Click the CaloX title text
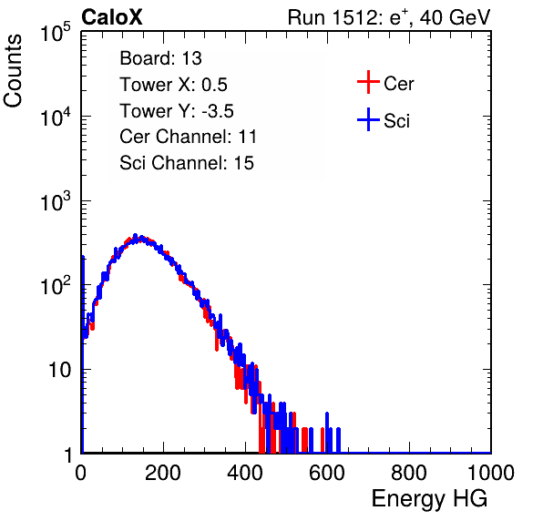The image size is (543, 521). click(x=112, y=17)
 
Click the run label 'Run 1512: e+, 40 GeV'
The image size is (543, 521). click(x=389, y=17)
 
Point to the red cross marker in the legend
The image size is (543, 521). click(x=368, y=82)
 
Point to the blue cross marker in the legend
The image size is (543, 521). click(x=368, y=120)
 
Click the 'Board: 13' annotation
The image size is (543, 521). click(x=160, y=58)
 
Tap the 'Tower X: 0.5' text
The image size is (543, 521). click(x=173, y=85)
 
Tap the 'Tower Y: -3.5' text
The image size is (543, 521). click(x=177, y=111)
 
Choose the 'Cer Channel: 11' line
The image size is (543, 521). click(x=188, y=137)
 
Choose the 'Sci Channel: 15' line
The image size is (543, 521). click(x=187, y=163)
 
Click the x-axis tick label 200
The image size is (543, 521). click(x=163, y=473)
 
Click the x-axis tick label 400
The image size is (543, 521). click(x=245, y=473)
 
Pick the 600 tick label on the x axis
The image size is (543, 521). click(x=327, y=473)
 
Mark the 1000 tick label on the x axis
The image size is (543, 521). click(x=491, y=473)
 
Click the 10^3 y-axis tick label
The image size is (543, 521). click(x=56, y=201)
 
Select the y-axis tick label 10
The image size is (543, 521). click(x=59, y=370)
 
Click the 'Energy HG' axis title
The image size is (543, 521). click(x=429, y=499)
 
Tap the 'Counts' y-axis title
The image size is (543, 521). click(x=13, y=71)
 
